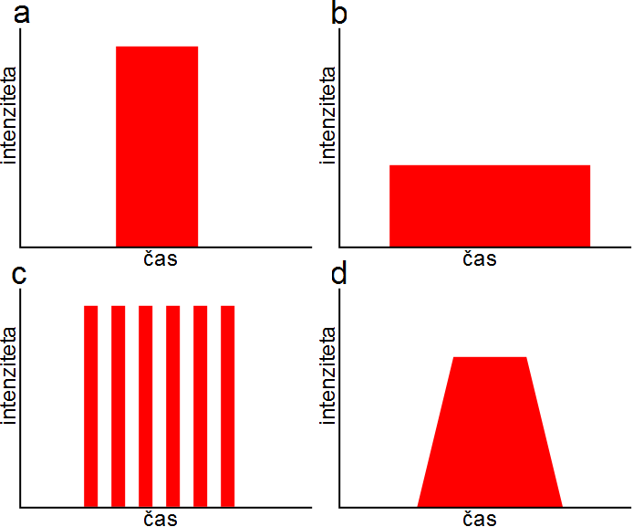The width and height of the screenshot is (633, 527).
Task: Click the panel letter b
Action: click(x=338, y=15)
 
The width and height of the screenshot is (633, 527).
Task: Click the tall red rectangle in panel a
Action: click(x=157, y=146)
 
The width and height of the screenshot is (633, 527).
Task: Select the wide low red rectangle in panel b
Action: click(x=490, y=206)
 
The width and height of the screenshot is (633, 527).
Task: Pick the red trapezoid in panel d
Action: click(x=490, y=434)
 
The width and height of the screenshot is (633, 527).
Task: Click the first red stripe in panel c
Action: click(x=90, y=406)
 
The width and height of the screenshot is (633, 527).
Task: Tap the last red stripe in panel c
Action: click(x=228, y=406)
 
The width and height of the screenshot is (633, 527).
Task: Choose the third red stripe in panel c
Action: click(x=146, y=406)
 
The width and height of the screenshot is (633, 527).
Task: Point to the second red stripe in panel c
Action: click(x=118, y=406)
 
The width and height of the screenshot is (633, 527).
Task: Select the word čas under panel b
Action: click(x=479, y=259)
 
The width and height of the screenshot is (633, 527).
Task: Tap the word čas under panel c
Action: click(x=161, y=520)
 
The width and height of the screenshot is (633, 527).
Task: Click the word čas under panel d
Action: click(x=479, y=520)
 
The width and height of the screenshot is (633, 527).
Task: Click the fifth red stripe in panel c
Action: click(x=201, y=406)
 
